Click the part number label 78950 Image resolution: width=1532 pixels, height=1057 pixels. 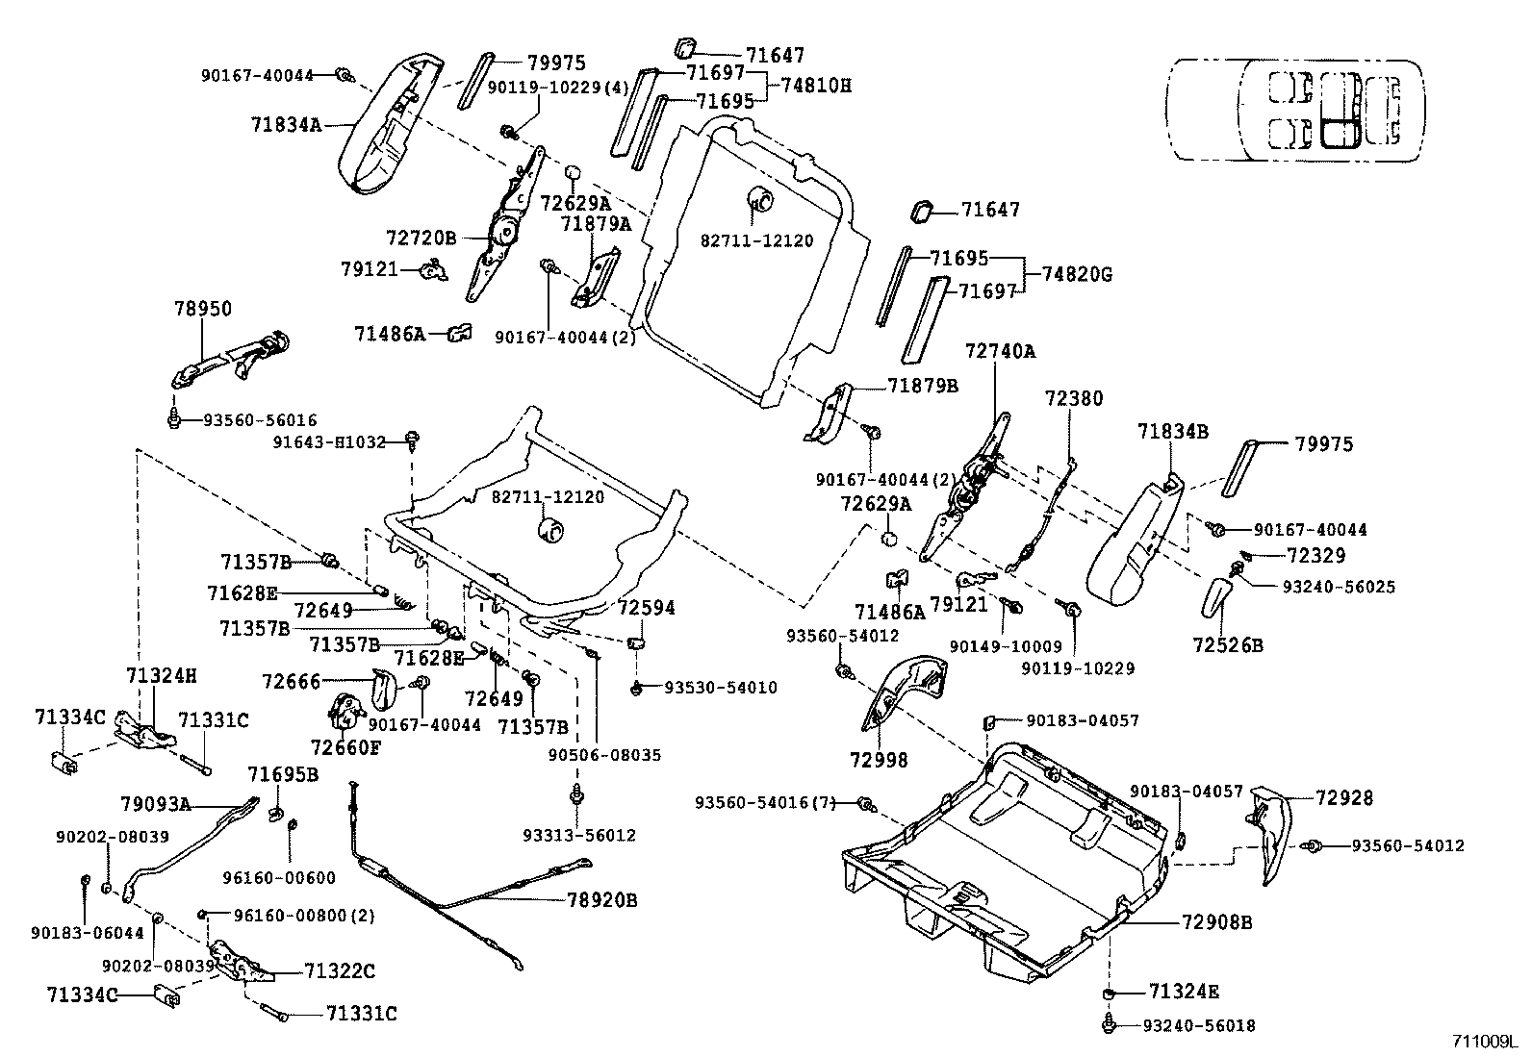click(203, 309)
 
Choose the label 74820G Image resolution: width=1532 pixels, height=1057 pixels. click(1076, 274)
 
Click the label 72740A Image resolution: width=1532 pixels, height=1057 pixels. click(1000, 351)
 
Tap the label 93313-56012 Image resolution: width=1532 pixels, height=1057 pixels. click(579, 835)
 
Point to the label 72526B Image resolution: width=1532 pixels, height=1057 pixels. click(1227, 645)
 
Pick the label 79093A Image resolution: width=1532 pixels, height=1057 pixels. click(155, 803)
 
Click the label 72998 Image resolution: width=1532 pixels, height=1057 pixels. click(879, 760)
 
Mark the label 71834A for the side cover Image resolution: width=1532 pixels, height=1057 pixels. click(286, 123)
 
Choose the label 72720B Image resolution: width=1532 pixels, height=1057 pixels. click(421, 237)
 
